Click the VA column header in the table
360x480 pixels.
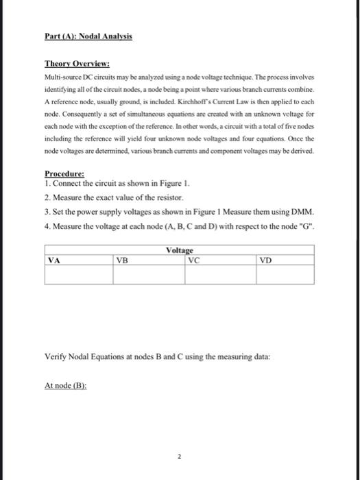(54, 260)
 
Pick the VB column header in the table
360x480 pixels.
(122, 260)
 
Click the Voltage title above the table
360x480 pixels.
(180, 252)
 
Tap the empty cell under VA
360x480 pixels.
(79, 274)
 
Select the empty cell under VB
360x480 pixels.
(149, 274)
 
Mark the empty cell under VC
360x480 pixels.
(221, 274)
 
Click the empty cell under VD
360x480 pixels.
(285, 274)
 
